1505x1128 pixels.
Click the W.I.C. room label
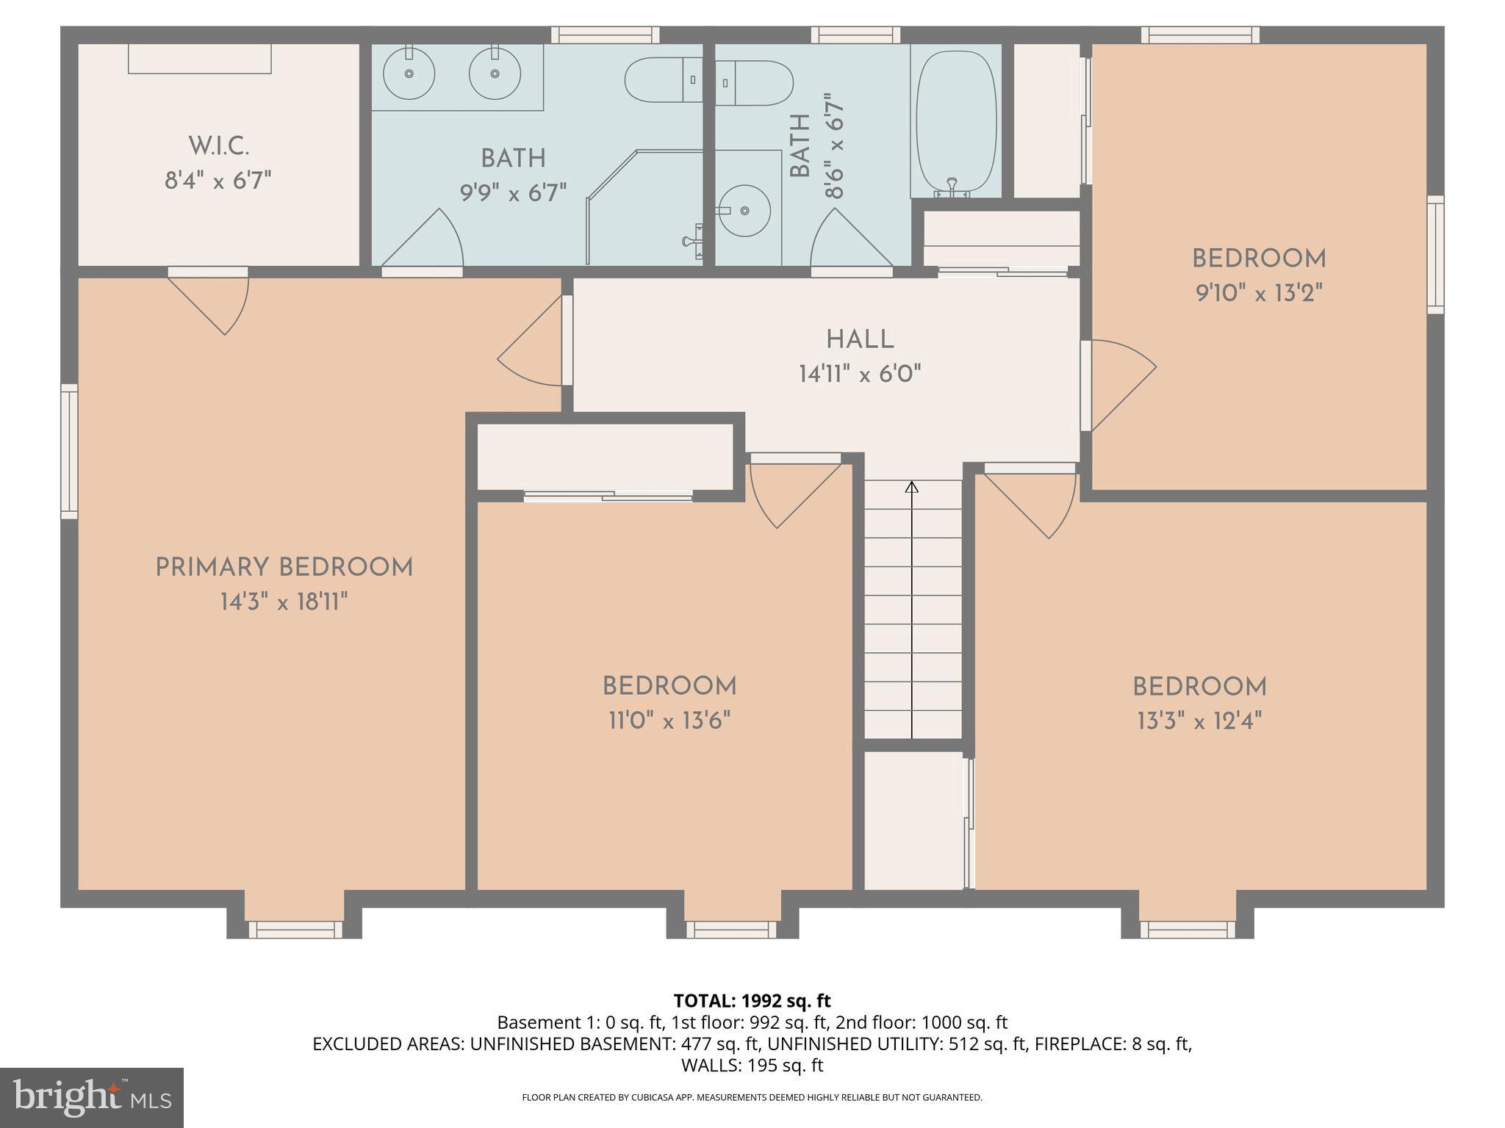point(218,146)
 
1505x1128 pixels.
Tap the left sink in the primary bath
point(409,73)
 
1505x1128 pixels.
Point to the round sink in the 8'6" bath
point(744,211)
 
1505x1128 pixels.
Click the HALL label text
point(860,340)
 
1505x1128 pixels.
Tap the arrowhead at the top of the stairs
point(912,487)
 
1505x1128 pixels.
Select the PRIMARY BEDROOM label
point(284,568)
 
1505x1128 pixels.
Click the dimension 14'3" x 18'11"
point(284,603)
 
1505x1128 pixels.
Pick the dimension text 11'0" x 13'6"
point(669,721)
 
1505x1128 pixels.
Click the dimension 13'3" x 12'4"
point(1199,721)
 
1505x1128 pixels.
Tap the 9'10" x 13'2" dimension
point(1259,294)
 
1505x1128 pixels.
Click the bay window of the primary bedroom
point(295,929)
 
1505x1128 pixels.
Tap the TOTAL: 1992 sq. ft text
point(752,1001)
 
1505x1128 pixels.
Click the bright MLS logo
point(91,1097)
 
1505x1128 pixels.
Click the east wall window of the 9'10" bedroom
point(1434,254)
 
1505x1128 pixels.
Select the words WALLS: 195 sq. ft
point(752,1065)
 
